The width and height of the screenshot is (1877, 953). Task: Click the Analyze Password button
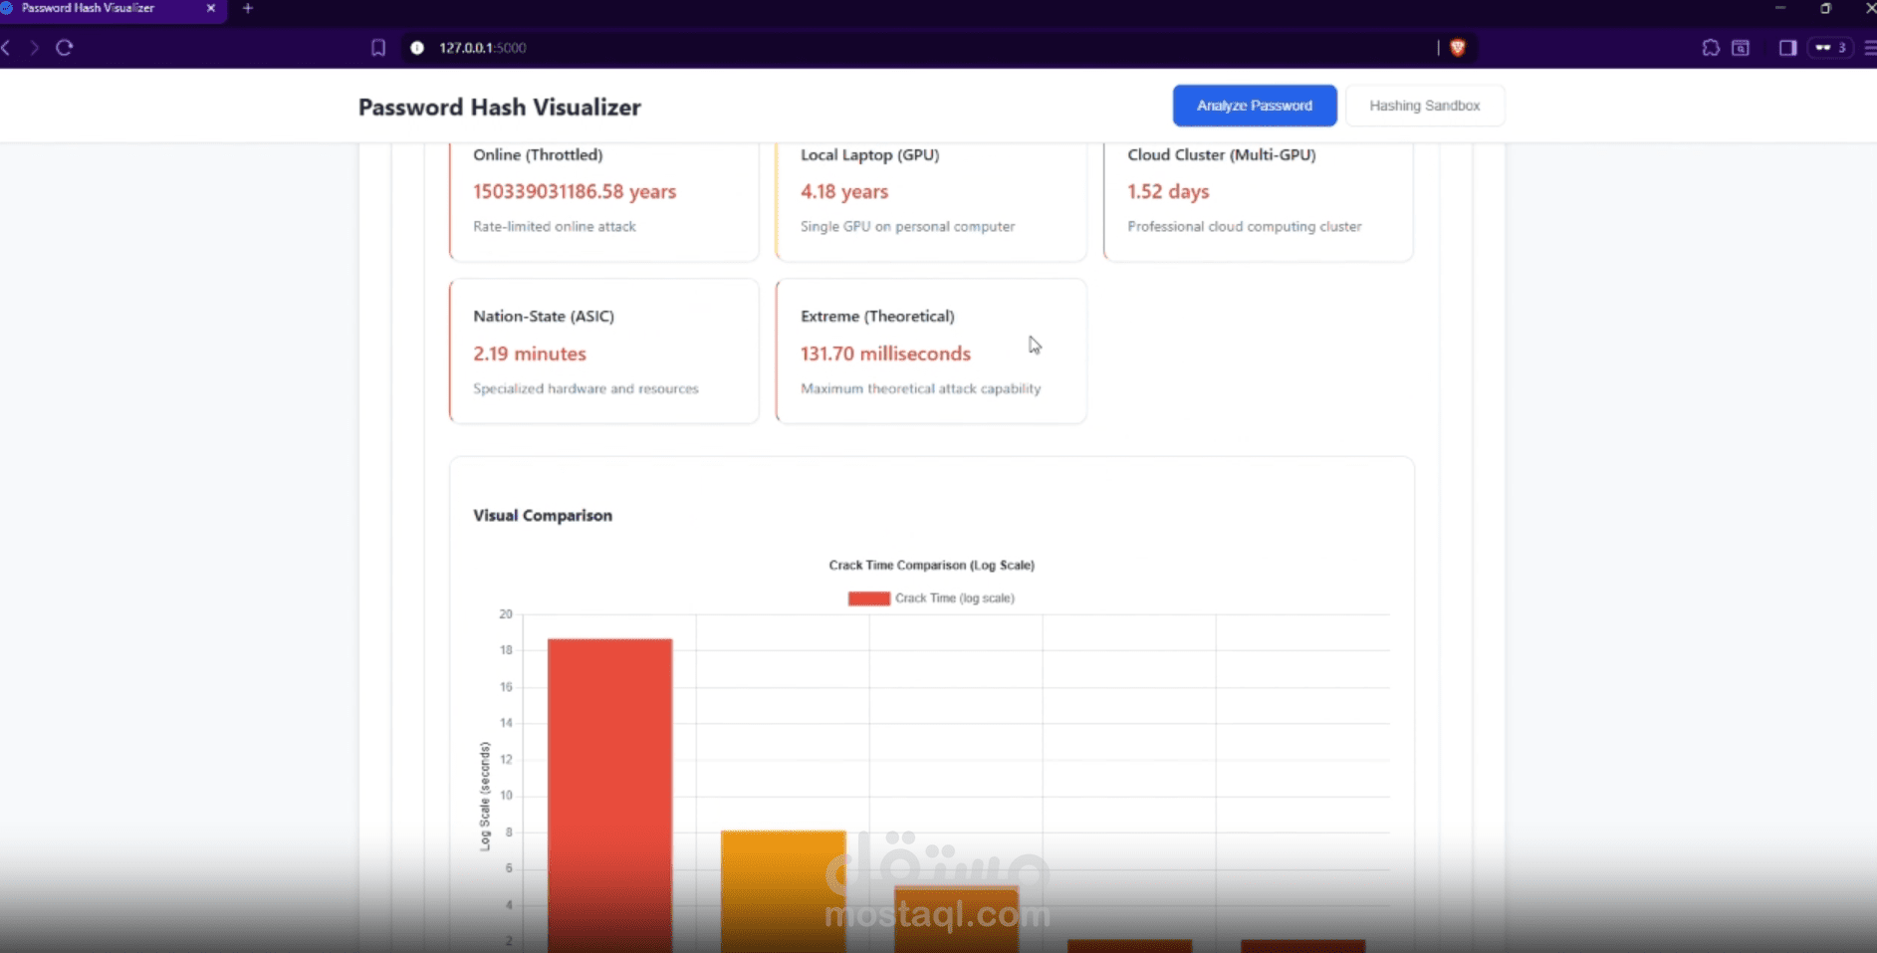[x=1254, y=106]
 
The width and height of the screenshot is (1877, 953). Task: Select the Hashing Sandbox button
[x=1424, y=106]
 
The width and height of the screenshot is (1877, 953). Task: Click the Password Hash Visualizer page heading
[x=499, y=108]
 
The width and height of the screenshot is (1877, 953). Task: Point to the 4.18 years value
[x=843, y=191]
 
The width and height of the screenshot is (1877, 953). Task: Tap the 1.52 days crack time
[x=1167, y=191]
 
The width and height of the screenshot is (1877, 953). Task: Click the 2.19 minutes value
[x=529, y=354]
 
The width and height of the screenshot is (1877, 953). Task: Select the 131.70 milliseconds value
[x=884, y=354]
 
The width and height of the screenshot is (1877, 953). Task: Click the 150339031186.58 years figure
[x=574, y=191]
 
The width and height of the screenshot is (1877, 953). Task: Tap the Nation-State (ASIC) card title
[x=543, y=316]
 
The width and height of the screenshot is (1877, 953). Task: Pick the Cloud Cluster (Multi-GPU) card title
[x=1221, y=154]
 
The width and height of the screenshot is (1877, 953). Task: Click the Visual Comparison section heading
[x=542, y=515]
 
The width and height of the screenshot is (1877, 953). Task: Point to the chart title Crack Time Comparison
[x=931, y=565]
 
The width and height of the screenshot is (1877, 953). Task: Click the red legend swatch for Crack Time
[x=868, y=598]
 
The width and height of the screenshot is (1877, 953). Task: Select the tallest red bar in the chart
[x=609, y=777]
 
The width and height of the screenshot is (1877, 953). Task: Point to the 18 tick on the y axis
[x=506, y=650]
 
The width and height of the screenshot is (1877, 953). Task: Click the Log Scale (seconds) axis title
[x=485, y=796]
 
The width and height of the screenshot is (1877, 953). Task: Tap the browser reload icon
[x=65, y=47]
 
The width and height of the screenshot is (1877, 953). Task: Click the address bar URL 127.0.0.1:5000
[x=482, y=48]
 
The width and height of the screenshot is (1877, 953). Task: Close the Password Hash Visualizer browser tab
[x=210, y=8]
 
